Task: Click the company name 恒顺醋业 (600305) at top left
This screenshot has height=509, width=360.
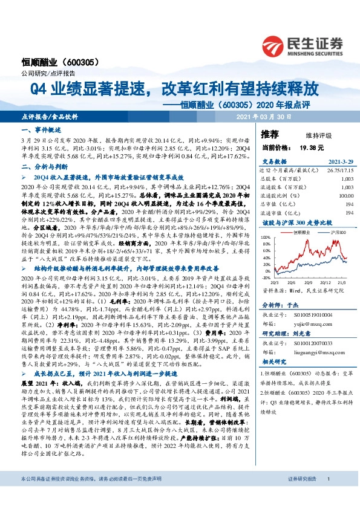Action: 57,62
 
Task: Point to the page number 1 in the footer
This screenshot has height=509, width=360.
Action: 328,496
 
